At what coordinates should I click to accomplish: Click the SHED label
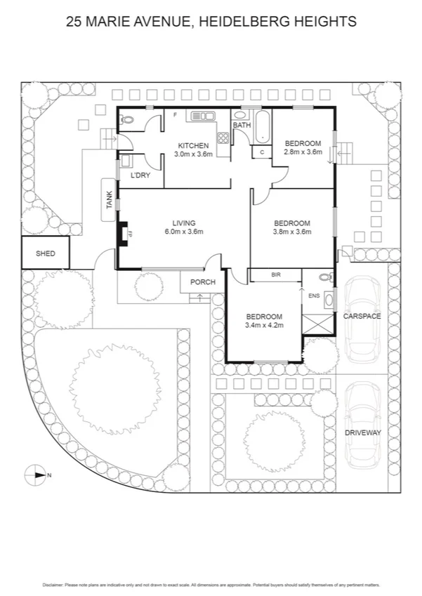point(46,254)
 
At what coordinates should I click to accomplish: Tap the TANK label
point(109,202)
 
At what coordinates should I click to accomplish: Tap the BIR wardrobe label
point(276,275)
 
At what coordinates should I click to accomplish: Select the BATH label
point(242,126)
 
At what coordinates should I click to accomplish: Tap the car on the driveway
point(362,421)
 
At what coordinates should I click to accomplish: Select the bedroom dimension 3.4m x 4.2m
point(263,325)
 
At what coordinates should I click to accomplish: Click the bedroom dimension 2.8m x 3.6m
point(303,152)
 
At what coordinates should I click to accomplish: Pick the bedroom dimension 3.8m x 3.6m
point(291,232)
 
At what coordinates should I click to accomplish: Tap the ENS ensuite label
point(314,296)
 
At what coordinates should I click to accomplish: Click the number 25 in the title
point(73,22)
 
